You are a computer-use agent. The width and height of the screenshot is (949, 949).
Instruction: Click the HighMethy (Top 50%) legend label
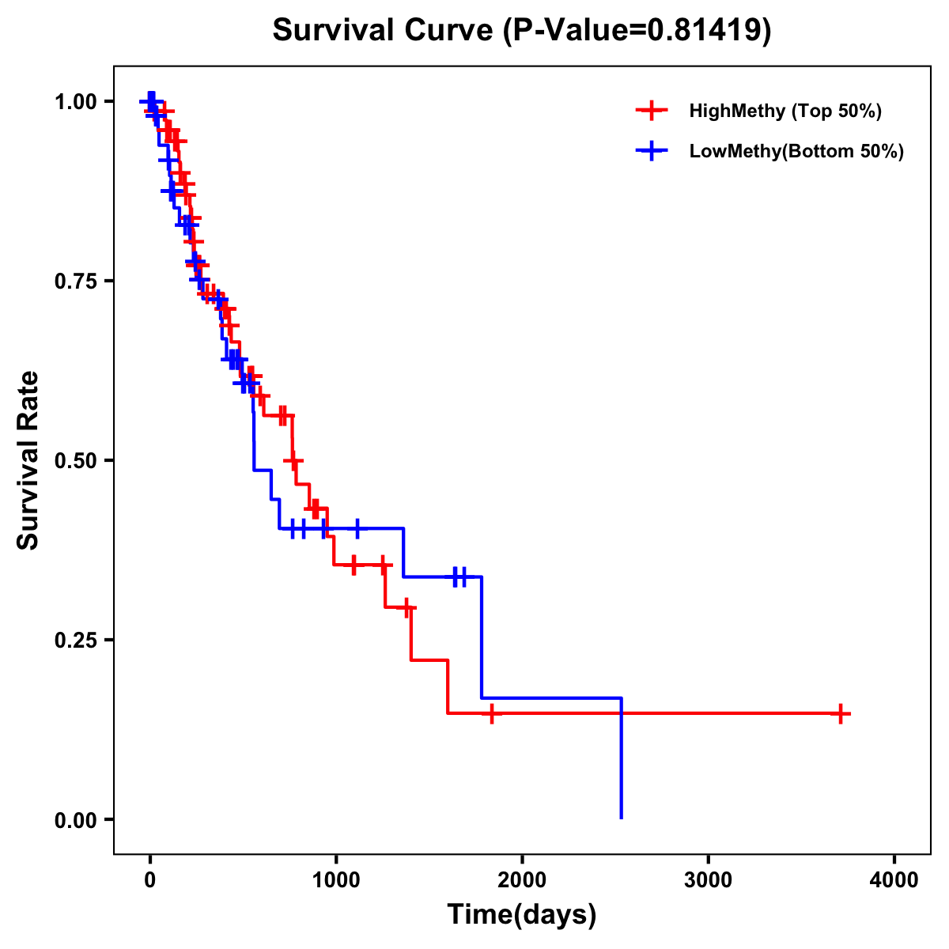[785, 111]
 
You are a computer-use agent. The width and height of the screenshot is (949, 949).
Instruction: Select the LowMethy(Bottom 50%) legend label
[796, 151]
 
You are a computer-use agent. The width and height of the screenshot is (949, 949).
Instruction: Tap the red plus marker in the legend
[652, 111]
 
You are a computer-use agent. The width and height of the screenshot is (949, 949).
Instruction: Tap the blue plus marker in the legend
[652, 151]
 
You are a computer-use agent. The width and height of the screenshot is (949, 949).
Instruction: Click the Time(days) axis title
[522, 915]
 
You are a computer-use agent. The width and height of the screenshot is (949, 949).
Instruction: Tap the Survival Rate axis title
[28, 460]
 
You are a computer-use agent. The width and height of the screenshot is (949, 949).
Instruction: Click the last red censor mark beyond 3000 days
[841, 713]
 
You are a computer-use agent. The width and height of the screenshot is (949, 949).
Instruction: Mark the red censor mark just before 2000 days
[491, 713]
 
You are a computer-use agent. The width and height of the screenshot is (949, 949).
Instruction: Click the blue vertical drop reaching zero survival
[622, 759]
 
